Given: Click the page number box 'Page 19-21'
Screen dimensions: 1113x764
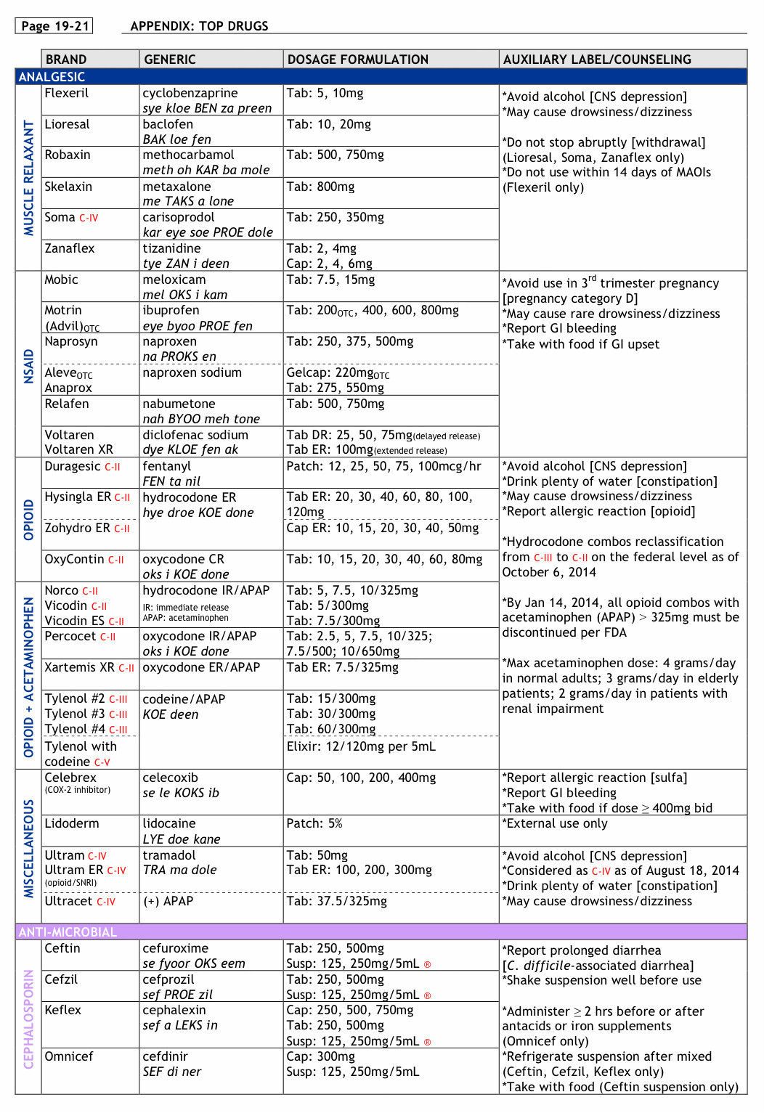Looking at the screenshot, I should click(55, 26).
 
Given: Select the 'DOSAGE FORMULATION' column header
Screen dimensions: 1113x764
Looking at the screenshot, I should click(357, 60).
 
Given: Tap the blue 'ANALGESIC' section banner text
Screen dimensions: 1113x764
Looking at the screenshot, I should click(52, 77).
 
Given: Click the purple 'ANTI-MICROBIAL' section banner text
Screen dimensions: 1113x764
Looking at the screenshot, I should click(68, 931).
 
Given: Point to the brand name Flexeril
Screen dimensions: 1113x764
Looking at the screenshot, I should click(67, 93).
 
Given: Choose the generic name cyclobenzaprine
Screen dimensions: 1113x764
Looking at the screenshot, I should click(190, 93).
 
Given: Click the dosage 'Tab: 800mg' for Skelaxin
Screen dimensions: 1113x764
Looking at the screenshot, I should click(320, 187).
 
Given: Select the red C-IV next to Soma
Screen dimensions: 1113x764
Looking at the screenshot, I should click(89, 218).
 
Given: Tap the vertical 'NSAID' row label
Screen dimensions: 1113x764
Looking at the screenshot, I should click(29, 366).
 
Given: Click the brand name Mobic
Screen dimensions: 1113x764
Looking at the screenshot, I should click(61, 280).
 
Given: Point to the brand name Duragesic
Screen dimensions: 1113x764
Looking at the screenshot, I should click(72, 466).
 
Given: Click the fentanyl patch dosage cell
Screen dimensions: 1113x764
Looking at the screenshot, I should click(383, 466).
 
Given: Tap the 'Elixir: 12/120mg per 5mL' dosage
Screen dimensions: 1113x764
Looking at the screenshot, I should click(361, 746).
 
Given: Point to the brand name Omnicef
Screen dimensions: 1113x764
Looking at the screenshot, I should click(68, 1056).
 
